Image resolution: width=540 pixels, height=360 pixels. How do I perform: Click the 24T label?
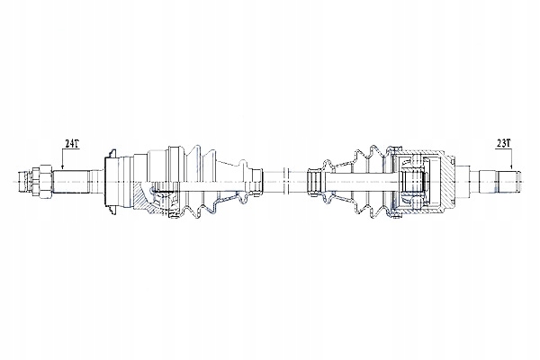coord(72,143)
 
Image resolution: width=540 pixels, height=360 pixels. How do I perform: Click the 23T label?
coord(503,143)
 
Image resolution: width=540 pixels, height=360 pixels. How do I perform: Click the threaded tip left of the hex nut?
coord(25,182)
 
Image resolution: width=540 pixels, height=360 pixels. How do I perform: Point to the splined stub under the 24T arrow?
coord(70,182)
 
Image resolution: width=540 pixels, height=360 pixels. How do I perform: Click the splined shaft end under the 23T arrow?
coord(508,182)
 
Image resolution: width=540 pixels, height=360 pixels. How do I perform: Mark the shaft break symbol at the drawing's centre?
coord(285,182)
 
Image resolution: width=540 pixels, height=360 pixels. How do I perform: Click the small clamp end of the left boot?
coord(256,182)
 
